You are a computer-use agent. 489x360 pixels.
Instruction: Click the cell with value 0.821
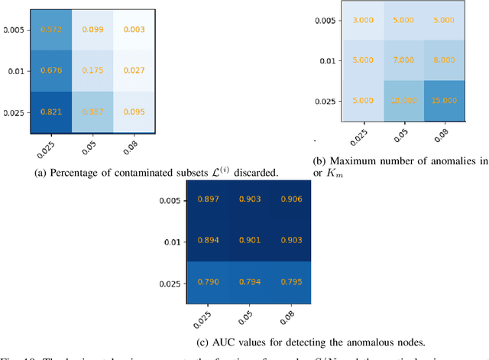pos(52,113)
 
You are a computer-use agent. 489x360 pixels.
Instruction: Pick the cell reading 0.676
pos(52,71)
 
